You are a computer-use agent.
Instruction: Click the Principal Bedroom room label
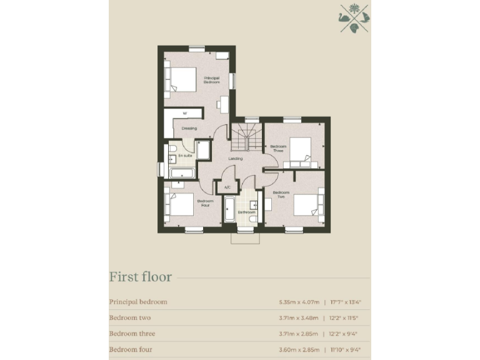click(212, 80)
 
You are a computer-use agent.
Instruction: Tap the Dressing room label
click(189, 129)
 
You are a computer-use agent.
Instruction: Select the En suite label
click(185, 155)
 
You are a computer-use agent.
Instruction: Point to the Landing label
click(235, 158)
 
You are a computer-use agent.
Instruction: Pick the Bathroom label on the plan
click(246, 212)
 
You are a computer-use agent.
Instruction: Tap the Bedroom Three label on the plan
click(277, 149)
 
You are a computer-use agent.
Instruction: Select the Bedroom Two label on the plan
click(281, 194)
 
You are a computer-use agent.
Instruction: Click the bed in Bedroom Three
click(301, 152)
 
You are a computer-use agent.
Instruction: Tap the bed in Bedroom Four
click(178, 206)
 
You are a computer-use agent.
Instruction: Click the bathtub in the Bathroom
click(228, 209)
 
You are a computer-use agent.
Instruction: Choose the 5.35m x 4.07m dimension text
click(298, 302)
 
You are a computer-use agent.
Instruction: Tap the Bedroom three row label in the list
click(132, 334)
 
